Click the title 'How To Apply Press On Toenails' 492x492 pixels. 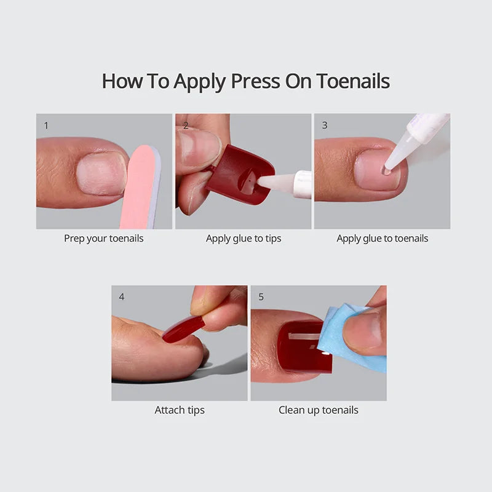click(x=245, y=81)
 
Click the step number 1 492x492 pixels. click(x=46, y=125)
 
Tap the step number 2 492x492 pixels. click(x=185, y=125)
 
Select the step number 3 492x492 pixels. click(x=324, y=125)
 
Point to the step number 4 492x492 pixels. click(x=121, y=296)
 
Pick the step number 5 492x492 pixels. click(x=261, y=296)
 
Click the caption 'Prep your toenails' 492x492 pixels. click(x=103, y=238)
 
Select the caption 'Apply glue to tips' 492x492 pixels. click(x=244, y=238)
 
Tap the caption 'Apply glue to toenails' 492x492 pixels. click(x=382, y=238)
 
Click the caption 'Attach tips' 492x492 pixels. click(x=180, y=410)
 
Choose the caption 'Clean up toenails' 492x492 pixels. click(x=318, y=410)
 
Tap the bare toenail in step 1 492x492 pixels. click(x=101, y=174)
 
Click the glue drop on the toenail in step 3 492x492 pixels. click(x=386, y=170)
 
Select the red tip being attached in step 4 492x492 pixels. click(x=183, y=328)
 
